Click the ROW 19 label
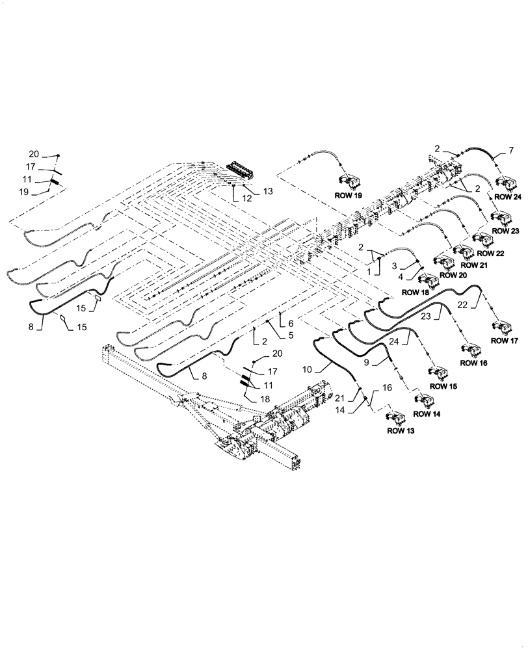point(349,195)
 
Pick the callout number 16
point(387,388)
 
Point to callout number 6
point(291,323)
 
